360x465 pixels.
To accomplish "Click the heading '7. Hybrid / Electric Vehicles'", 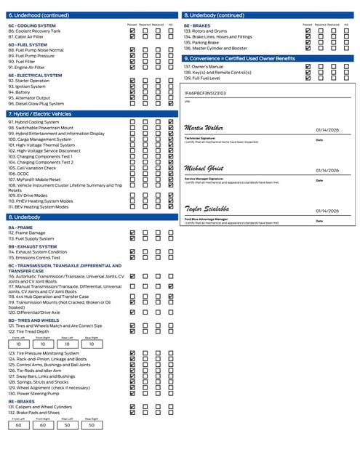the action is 39,114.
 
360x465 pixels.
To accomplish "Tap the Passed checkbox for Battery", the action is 132,92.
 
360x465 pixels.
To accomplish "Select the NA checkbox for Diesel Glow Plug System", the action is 171,103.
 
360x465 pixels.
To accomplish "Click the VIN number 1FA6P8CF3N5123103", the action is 206,93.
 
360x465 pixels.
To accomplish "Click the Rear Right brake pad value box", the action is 91,425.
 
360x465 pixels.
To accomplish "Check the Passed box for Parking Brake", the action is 308,42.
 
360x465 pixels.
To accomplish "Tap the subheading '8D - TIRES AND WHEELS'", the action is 33,320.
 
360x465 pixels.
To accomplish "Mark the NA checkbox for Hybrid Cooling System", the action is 171,123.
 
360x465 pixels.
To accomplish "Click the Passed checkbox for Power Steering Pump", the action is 132,392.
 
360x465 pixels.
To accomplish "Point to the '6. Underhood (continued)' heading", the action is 35,15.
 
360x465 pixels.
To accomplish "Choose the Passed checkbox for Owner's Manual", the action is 308,67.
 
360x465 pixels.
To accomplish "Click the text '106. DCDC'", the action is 21,174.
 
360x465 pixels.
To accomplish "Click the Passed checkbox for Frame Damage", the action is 132,232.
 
